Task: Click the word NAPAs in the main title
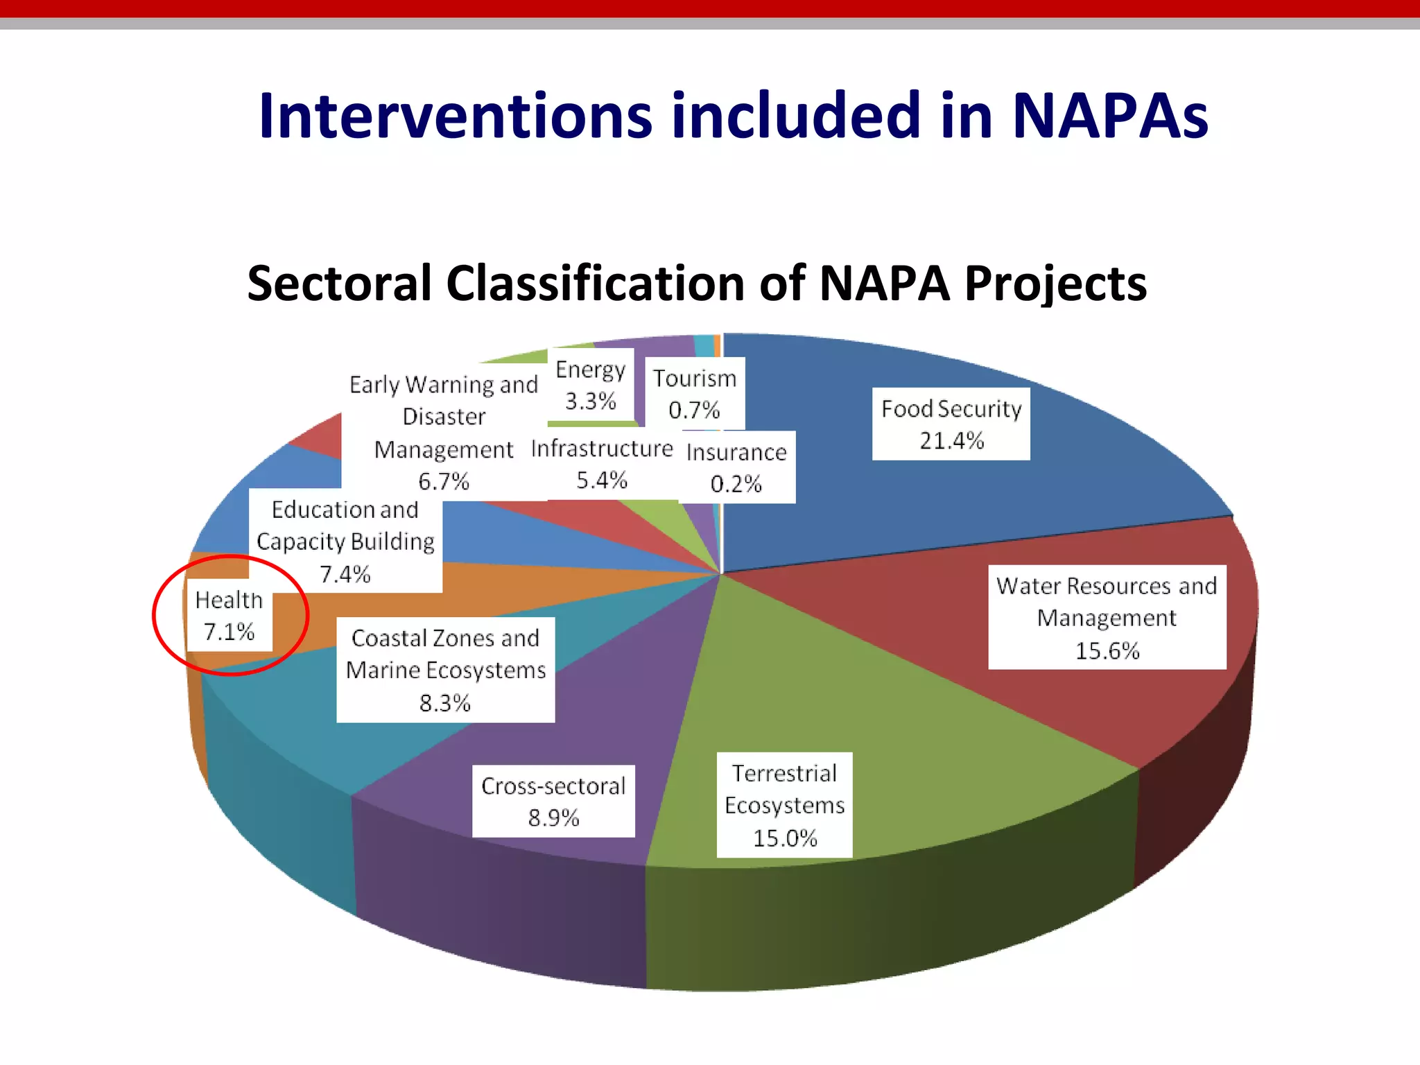pos(1109,116)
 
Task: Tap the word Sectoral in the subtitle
pos(339,284)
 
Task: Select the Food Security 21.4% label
pos(951,424)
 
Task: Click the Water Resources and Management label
pos(1107,617)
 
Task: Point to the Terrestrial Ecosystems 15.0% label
pos(784,805)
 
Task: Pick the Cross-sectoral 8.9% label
pos(553,801)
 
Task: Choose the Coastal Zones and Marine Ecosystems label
pos(445,670)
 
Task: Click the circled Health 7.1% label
pos(229,615)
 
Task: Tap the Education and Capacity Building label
pos(345,541)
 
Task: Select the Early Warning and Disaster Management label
pos(444,432)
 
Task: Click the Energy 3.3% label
pos(590,385)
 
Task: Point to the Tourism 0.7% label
pos(694,393)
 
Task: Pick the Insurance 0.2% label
pos(736,467)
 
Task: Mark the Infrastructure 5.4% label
pos(601,463)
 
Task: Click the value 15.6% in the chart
pos(1107,650)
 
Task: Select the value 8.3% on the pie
pos(444,703)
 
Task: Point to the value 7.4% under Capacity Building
pos(345,574)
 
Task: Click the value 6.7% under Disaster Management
pos(444,481)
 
